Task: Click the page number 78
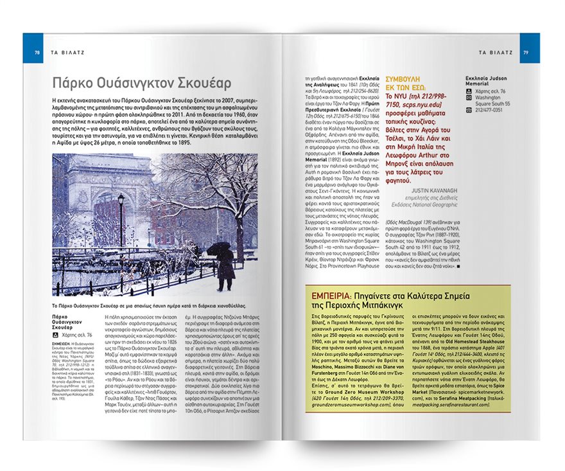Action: pos(37,52)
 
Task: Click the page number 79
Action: pos(525,52)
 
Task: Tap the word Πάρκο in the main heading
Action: pos(71,83)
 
